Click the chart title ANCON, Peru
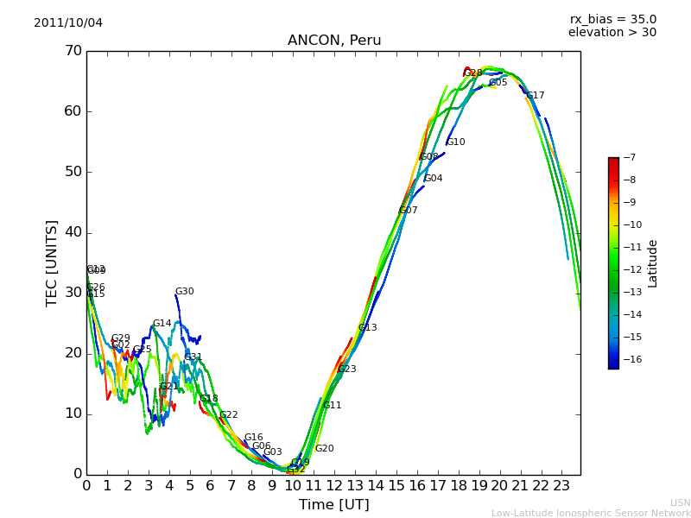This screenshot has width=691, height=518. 334,41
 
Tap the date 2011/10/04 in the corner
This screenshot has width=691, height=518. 68,22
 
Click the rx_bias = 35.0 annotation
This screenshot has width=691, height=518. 612,19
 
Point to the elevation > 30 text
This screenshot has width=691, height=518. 612,33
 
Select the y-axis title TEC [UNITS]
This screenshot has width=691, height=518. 52,262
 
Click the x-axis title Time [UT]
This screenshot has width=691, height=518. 333,505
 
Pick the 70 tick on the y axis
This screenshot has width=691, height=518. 73,51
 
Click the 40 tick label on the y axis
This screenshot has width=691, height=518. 73,232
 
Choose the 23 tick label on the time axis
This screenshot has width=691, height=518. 561,486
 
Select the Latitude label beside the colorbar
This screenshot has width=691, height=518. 653,263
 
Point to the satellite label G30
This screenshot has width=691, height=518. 185,292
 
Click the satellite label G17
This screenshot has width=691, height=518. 536,96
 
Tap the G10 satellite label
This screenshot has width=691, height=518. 456,142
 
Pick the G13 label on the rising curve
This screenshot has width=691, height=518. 368,328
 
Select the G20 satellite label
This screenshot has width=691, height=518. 324,449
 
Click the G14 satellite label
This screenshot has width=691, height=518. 162,324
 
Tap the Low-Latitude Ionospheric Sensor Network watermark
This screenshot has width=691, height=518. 591,513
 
